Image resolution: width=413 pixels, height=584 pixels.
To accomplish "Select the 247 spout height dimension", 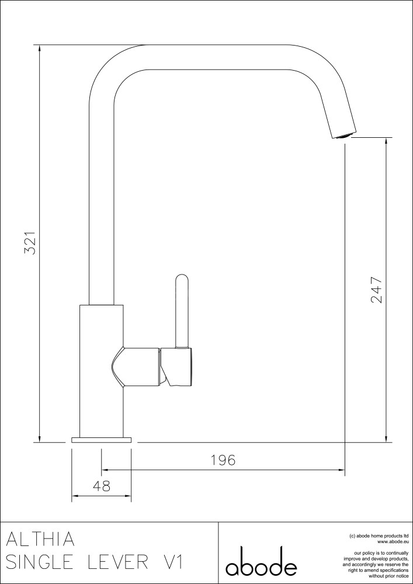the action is tap(377, 290).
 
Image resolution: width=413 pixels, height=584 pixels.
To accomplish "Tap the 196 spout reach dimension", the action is tap(223, 460).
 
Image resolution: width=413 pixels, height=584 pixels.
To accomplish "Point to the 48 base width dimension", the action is tap(101, 486).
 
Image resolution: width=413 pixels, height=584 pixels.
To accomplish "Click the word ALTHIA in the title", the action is tap(40, 539).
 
